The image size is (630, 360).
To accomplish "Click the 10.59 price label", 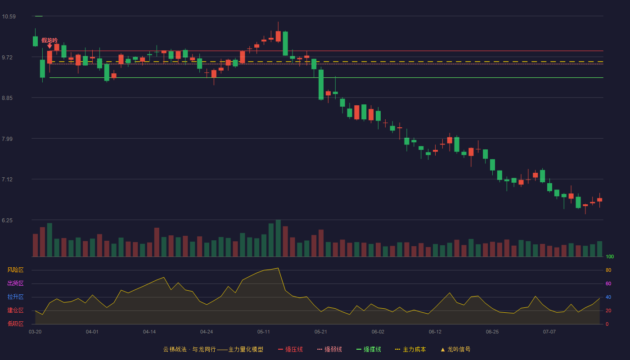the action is (x=9, y=17).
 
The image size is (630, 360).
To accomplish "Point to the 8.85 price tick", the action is (x=7, y=98).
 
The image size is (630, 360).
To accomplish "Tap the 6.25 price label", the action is (x=7, y=220).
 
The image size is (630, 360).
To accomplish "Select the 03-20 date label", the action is (x=35, y=332).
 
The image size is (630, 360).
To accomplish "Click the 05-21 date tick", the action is (x=320, y=332).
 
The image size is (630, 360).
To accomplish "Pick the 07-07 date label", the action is (x=549, y=332).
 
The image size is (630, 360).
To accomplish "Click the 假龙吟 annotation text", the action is (x=49, y=40).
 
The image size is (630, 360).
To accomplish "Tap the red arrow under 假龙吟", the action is (x=49, y=46).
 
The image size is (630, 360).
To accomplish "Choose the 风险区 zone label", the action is (x=15, y=270).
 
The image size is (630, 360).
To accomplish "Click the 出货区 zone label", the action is (x=15, y=283).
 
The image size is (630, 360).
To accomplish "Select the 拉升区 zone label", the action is (x=15, y=297).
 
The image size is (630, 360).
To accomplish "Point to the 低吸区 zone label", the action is (x=15, y=324).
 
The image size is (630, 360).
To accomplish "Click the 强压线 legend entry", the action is (x=290, y=349).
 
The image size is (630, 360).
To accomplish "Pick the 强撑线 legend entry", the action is (x=369, y=349).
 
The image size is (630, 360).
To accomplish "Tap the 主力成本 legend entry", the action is (x=410, y=349).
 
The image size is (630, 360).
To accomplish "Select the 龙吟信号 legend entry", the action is (x=455, y=349).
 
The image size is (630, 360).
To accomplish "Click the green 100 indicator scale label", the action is (x=610, y=256).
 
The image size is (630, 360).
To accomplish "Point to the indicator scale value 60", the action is (x=608, y=283).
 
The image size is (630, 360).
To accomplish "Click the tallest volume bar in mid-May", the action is (x=278, y=238).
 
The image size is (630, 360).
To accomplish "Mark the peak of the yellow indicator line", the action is (x=278, y=268).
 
